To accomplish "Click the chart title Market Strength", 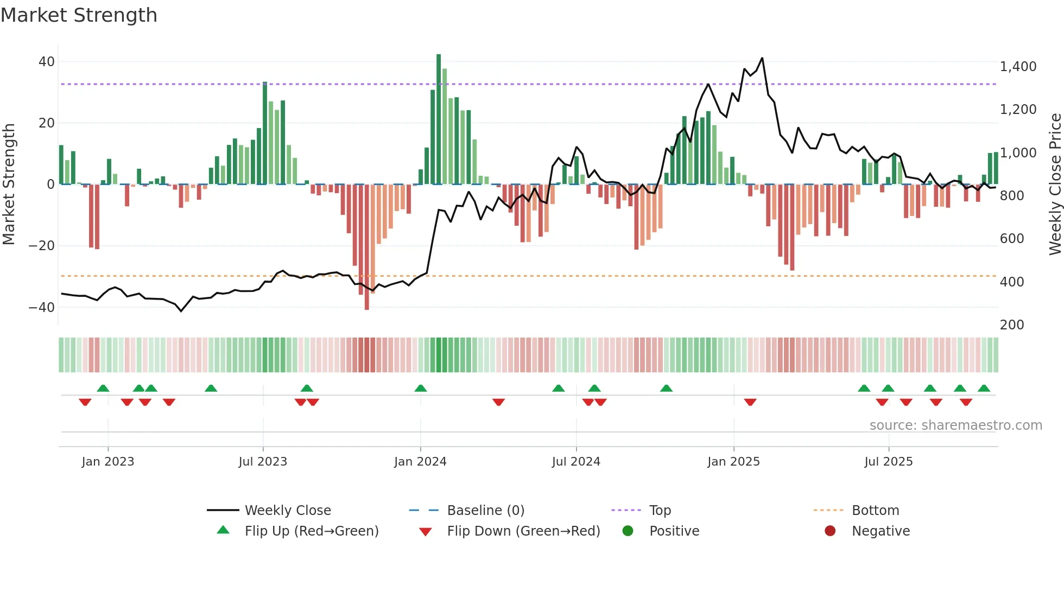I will (x=79, y=15).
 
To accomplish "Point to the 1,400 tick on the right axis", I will (x=1018, y=67).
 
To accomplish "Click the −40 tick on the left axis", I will (x=42, y=307).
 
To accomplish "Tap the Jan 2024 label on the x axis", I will (x=420, y=462).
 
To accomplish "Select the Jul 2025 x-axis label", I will (x=888, y=462).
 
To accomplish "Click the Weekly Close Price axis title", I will (x=1055, y=184).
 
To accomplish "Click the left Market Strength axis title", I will (x=9, y=184).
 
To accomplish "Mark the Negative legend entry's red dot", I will (x=829, y=531).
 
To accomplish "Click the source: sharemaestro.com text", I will (x=955, y=425).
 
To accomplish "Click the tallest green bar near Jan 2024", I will (x=439, y=119).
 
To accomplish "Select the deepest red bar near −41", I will (x=367, y=247).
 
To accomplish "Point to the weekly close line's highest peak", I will (x=762, y=58).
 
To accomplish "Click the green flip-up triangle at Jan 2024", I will (x=420, y=388).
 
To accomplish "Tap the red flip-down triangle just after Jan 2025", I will (x=750, y=402).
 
